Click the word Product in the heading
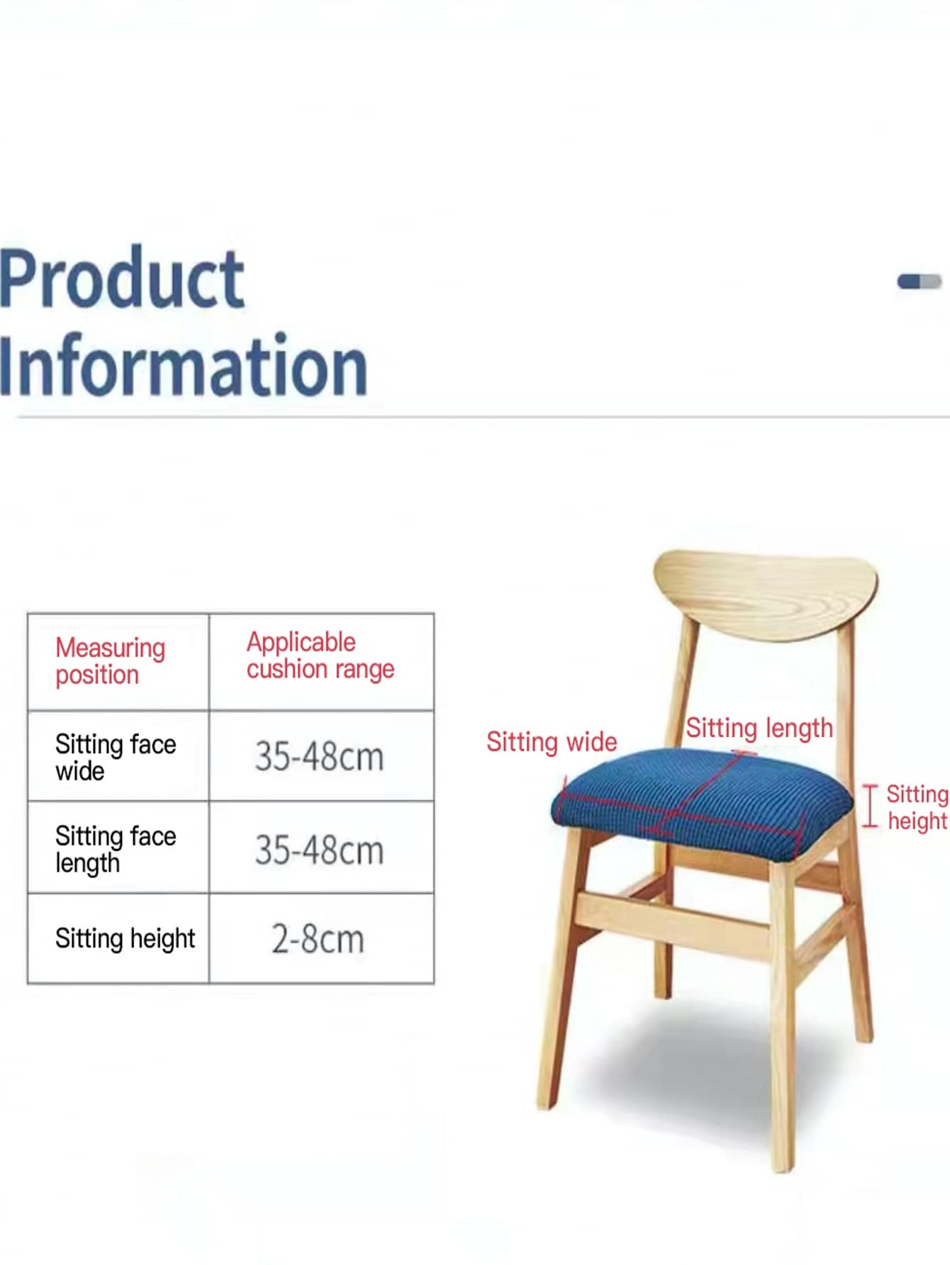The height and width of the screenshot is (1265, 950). point(122,279)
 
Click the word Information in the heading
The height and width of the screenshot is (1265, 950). point(183,364)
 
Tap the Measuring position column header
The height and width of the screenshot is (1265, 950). point(111,660)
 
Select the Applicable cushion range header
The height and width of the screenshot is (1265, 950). point(320,656)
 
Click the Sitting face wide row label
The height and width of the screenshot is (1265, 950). point(116,758)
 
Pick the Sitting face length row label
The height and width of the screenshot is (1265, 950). point(116,850)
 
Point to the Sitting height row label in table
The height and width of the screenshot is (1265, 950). point(125,939)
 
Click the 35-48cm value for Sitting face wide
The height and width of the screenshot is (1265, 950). point(319,757)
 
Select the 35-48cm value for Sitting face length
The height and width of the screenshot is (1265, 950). point(319,850)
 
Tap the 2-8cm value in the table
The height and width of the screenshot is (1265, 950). point(318,940)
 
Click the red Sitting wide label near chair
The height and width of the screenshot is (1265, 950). point(552,742)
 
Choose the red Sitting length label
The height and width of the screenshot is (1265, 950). point(759,729)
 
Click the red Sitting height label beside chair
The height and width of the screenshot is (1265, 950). point(917,807)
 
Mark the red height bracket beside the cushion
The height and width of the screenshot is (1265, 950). point(870,806)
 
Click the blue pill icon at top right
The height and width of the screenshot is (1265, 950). point(919,281)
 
